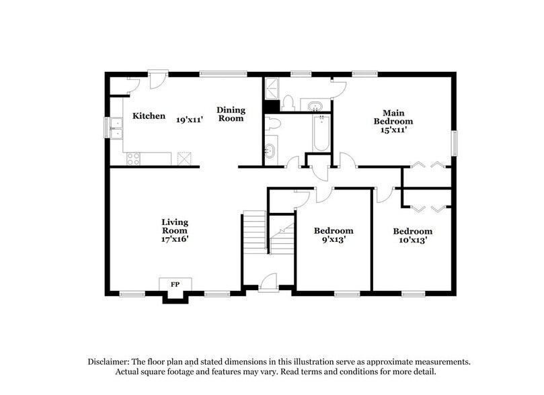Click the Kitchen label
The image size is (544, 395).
pos(149,116)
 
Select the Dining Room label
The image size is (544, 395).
pos(230,114)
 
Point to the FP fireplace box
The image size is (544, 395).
pos(175,285)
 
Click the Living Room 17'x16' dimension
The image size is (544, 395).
pos(175,238)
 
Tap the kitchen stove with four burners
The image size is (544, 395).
pos(133,159)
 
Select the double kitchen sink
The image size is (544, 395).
pos(116,128)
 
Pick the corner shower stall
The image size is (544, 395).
pos(272,88)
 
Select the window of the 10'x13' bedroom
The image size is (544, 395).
pos(412,292)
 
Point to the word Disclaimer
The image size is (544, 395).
pos(110,361)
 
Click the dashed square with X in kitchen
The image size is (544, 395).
pos(184,159)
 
